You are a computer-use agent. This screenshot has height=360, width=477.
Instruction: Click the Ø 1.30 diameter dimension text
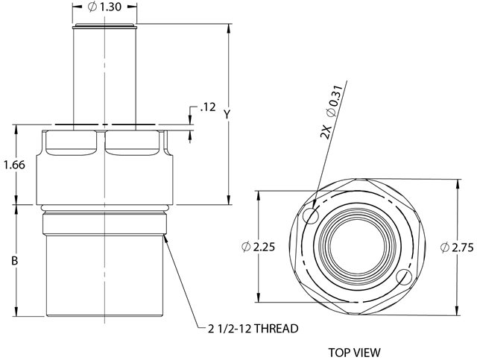click(x=104, y=7)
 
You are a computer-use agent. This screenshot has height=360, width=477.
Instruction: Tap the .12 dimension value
click(x=208, y=107)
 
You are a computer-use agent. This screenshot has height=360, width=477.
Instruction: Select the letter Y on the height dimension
click(x=227, y=115)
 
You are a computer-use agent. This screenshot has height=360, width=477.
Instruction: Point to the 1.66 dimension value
click(x=14, y=165)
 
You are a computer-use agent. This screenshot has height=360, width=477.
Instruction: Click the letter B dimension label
click(x=14, y=260)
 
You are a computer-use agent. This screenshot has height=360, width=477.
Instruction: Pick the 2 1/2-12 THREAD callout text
click(x=253, y=329)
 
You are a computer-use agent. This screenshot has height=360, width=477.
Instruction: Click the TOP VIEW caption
click(x=355, y=353)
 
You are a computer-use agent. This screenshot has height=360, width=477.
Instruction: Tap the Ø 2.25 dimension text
click(x=258, y=247)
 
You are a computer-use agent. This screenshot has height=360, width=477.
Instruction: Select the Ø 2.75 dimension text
click(x=457, y=247)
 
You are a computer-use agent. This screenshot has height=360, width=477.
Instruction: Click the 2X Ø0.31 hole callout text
click(x=332, y=111)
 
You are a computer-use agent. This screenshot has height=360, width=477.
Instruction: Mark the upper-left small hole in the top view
click(x=312, y=216)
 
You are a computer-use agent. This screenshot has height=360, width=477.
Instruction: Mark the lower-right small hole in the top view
click(x=404, y=277)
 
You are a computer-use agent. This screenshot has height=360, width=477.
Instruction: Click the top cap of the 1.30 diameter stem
click(x=104, y=27)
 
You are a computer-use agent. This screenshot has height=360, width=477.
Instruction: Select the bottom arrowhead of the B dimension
click(x=16, y=312)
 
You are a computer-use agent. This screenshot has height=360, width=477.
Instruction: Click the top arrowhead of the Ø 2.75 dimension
click(x=457, y=184)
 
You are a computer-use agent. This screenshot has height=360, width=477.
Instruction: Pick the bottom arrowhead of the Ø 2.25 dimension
click(x=259, y=297)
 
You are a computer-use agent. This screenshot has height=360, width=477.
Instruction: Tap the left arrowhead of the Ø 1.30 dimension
click(x=78, y=7)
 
